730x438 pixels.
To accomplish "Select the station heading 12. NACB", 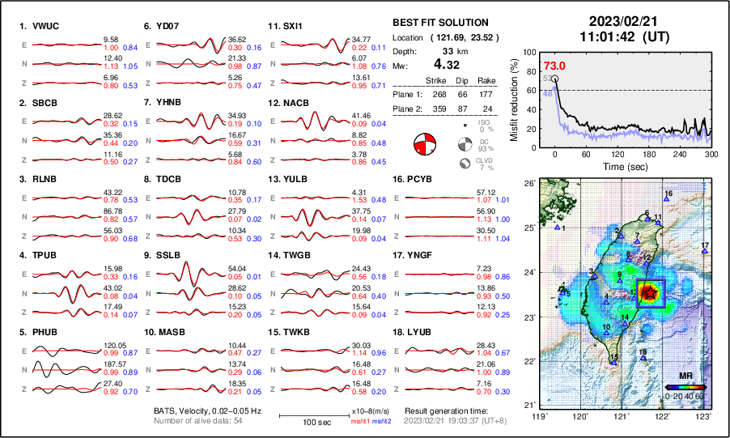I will (x=288, y=103).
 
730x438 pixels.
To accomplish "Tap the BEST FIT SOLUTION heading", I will (x=439, y=23).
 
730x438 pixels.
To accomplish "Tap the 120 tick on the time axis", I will (x=618, y=155).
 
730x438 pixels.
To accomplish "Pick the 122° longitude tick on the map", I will (x=663, y=416).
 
